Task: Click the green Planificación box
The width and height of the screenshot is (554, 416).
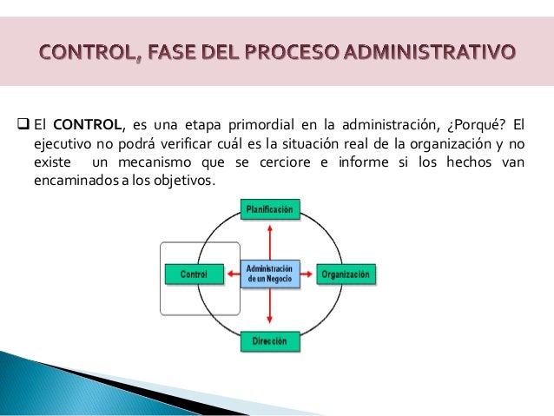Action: (x=270, y=208)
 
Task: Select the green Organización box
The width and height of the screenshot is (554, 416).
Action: (x=346, y=274)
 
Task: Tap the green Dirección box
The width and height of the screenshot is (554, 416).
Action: (x=269, y=341)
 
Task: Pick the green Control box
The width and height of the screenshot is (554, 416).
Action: (x=193, y=274)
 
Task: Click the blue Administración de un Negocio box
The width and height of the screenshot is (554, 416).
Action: (x=269, y=274)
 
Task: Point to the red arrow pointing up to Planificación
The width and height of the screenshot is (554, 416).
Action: (x=270, y=238)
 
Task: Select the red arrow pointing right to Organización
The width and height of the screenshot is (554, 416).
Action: (x=307, y=274)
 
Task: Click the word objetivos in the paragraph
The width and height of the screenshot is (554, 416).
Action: (x=183, y=182)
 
